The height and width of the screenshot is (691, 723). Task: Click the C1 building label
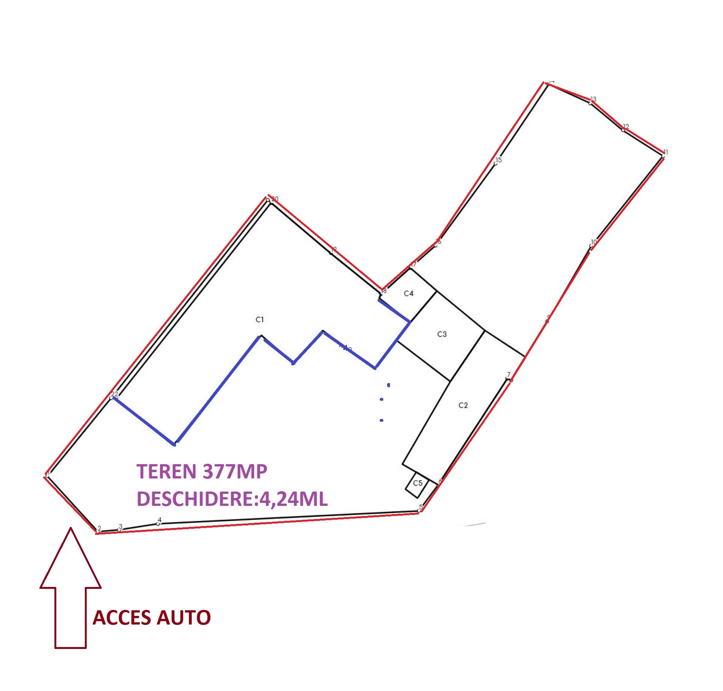tap(260, 320)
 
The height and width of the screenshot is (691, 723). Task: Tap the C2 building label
tap(463, 405)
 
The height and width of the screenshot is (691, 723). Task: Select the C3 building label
tap(442, 334)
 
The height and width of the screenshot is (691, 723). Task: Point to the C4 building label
tap(408, 293)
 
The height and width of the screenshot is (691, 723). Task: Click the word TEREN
tap(167, 472)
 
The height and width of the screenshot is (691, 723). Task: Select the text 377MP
tap(235, 472)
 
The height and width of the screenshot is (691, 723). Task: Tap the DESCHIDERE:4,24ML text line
tap(232, 499)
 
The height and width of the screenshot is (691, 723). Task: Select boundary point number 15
tap(496, 163)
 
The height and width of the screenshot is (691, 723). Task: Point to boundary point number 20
tap(268, 201)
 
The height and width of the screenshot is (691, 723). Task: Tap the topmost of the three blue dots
tap(389, 385)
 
